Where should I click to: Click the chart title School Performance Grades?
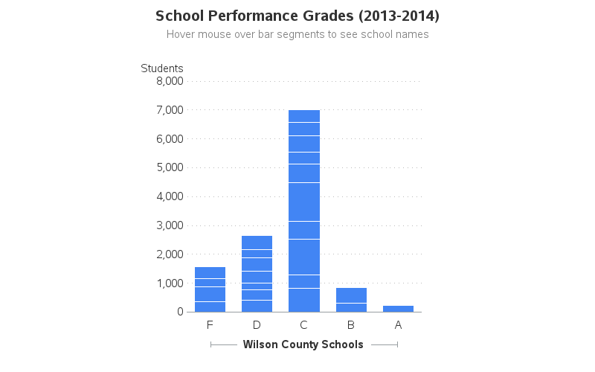(297, 16)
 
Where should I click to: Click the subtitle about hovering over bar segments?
(297, 34)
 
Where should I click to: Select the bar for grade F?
(210, 289)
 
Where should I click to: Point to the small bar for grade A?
(398, 309)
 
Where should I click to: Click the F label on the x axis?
(210, 325)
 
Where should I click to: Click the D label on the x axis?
(257, 325)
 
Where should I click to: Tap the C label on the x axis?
(304, 325)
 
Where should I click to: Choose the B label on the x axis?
(351, 325)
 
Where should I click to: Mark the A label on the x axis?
(398, 325)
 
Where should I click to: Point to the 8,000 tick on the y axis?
(170, 81)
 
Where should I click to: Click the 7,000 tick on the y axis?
(170, 110)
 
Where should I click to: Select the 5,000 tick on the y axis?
(170, 167)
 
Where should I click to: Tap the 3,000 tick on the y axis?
(170, 225)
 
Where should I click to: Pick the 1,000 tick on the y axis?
(170, 283)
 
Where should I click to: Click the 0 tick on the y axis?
(179, 312)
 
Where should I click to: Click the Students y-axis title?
(162, 68)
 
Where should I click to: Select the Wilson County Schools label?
(303, 344)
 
